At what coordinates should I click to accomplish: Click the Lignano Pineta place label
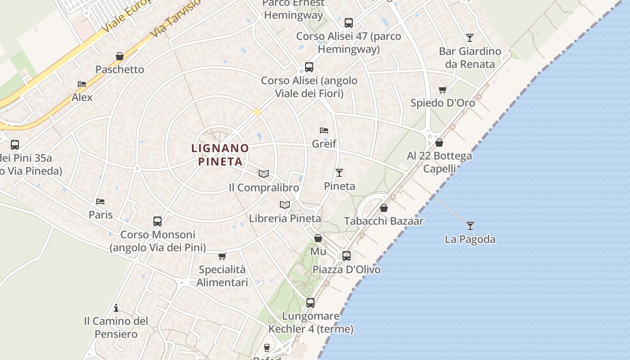click(220, 154)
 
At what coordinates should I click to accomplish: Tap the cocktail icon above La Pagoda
click(470, 225)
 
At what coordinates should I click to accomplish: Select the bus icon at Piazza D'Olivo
click(346, 256)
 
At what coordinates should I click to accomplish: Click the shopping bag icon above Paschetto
click(120, 56)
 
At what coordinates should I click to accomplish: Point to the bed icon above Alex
click(81, 84)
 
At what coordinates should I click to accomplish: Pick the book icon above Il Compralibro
click(264, 174)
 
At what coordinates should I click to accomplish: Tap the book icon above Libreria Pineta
click(285, 205)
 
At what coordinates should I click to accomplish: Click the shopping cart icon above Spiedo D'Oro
click(442, 90)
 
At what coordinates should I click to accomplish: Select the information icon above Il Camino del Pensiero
click(116, 308)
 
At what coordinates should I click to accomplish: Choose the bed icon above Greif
click(324, 130)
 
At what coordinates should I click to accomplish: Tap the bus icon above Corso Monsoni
click(157, 221)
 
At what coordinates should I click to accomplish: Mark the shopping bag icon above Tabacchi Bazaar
click(384, 208)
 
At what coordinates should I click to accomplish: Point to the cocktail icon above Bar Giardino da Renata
click(470, 37)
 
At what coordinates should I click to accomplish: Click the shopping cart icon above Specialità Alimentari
click(222, 256)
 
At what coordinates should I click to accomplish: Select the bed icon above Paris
click(100, 201)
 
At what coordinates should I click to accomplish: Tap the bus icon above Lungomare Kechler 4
click(310, 303)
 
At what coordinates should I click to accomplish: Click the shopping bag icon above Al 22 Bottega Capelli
click(439, 143)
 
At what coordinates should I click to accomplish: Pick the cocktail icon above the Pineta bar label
click(339, 173)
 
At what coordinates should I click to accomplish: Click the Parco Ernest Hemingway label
click(293, 9)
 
